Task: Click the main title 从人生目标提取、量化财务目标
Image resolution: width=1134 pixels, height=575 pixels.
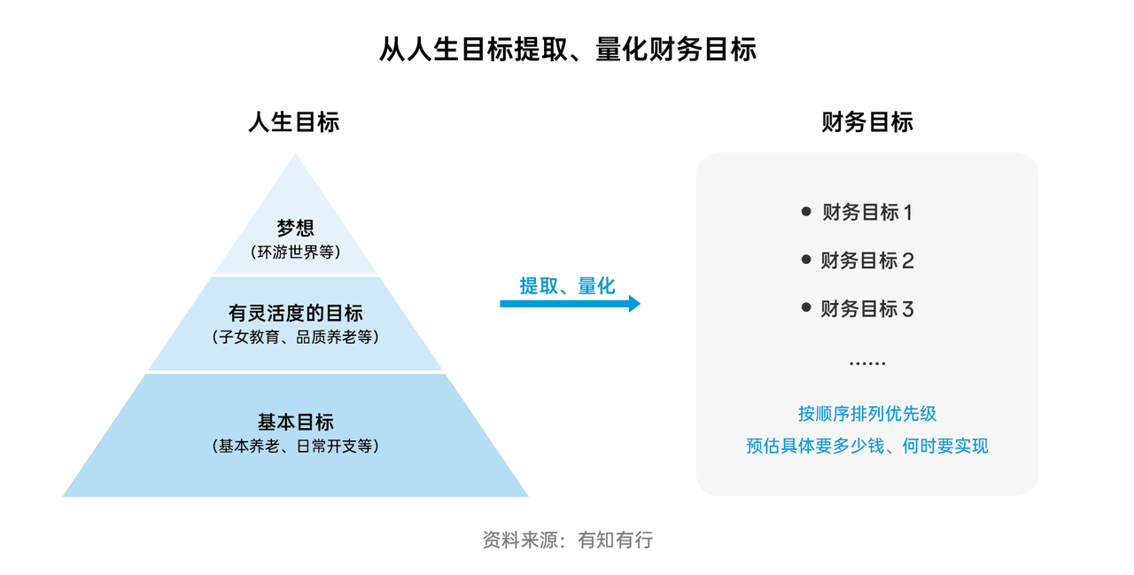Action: click(567, 49)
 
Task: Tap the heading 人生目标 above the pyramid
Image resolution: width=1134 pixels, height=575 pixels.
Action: click(294, 122)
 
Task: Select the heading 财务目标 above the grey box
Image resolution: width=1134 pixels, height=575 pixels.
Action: click(866, 122)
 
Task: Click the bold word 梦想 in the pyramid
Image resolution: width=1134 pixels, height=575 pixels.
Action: click(295, 229)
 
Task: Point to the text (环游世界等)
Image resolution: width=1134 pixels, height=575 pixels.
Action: click(295, 252)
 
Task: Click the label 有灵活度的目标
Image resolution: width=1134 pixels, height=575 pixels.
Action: click(295, 314)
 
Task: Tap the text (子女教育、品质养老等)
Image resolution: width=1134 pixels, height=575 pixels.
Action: click(295, 338)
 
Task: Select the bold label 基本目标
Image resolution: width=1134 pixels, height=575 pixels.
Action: click(295, 423)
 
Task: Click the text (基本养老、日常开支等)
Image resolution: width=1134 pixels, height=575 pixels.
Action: click(295, 447)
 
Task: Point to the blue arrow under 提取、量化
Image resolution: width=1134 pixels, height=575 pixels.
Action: click(570, 304)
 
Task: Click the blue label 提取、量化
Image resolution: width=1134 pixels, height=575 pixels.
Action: click(567, 285)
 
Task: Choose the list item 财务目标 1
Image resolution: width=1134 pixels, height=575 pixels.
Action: click(866, 213)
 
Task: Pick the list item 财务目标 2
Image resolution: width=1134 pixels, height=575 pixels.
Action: click(866, 260)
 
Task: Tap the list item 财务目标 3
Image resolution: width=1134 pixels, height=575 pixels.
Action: click(866, 309)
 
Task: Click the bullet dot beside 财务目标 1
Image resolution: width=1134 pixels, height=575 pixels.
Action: click(806, 212)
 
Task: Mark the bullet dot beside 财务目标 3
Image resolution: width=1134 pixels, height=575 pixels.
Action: click(806, 308)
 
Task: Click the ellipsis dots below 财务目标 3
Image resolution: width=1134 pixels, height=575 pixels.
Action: click(866, 363)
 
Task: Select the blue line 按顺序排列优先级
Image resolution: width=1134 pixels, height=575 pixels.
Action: click(866, 414)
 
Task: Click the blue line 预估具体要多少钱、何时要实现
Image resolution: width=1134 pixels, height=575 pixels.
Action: click(866, 446)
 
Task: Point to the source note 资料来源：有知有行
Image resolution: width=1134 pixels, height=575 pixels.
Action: click(567, 540)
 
